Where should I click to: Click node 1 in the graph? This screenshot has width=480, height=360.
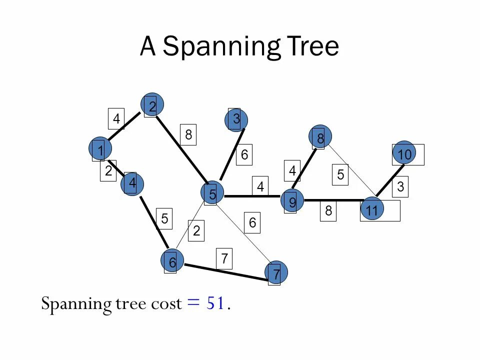(100, 149)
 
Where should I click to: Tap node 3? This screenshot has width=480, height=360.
(236, 119)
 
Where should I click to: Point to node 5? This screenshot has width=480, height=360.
(212, 193)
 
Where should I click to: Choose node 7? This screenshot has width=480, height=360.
(276, 273)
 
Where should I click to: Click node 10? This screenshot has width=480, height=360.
(404, 154)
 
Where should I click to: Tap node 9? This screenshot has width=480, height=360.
(292, 201)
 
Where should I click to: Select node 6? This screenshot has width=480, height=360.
(172, 261)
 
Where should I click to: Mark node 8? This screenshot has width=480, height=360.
(320, 136)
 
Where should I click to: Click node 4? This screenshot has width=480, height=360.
(132, 183)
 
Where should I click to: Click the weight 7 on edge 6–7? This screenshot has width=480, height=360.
(224, 258)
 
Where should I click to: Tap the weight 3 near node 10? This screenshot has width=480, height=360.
(400, 186)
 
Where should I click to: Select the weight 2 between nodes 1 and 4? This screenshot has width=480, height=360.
(108, 170)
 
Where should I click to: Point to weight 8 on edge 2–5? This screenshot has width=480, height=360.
(188, 134)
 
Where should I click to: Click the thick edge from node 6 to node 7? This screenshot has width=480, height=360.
(225, 271)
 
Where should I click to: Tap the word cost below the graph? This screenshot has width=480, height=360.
(166, 303)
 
